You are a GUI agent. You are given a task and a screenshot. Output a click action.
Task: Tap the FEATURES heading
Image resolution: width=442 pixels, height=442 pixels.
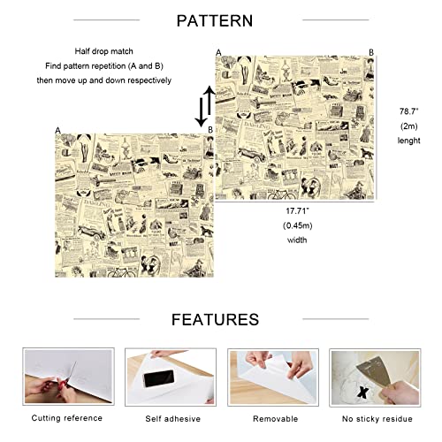click(215, 319)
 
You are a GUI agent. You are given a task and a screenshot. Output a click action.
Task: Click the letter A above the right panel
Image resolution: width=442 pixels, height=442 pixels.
click(218, 52)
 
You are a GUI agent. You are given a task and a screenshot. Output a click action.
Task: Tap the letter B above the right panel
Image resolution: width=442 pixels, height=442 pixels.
click(371, 52)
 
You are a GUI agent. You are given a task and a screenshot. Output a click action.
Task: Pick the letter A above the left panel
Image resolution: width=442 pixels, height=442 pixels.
click(57, 130)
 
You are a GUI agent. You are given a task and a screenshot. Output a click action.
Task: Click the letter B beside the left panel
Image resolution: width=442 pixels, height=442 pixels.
click(210, 130)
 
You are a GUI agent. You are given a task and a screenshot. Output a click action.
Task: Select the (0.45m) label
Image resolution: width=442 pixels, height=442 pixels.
click(295, 225)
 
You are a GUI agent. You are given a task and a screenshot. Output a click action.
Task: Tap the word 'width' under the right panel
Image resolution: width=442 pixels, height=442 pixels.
click(295, 239)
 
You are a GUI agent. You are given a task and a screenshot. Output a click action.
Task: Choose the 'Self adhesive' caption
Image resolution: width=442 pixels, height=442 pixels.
click(165, 416)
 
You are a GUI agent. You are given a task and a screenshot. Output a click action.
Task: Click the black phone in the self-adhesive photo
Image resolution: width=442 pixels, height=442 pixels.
click(158, 379)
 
